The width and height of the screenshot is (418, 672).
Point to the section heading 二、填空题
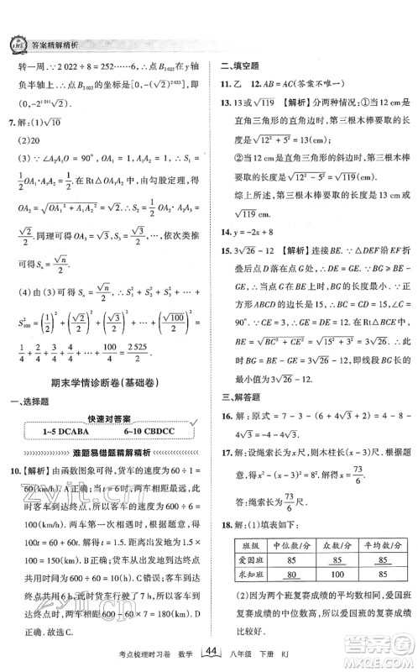238,65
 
